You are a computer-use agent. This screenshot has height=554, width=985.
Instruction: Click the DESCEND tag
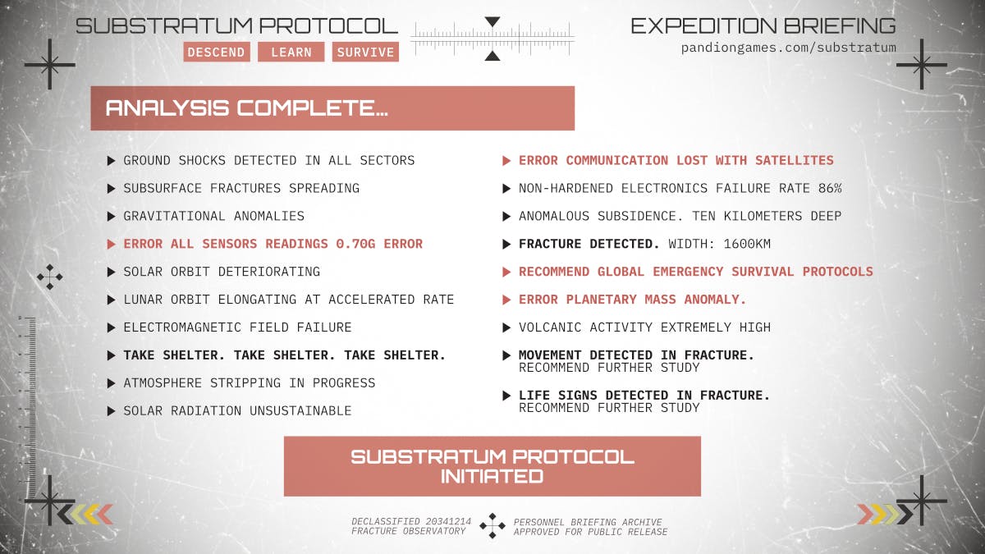tap(217, 52)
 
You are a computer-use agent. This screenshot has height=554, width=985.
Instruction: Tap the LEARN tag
tap(291, 52)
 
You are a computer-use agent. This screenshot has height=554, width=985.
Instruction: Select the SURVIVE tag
tap(365, 52)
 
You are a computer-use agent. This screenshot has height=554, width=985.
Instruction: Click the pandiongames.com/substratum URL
tap(789, 48)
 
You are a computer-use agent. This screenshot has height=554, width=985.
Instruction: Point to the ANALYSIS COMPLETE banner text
tap(247, 108)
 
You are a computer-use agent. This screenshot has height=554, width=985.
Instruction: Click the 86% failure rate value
tap(830, 188)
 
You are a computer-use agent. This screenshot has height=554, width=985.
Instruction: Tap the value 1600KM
tap(747, 244)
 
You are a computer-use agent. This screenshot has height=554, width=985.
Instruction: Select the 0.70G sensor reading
tap(355, 244)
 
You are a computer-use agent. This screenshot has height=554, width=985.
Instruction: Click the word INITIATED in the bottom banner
tap(492, 476)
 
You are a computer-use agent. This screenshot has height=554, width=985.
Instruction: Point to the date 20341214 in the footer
tap(448, 521)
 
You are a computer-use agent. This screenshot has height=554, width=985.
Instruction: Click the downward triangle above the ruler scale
tap(492, 21)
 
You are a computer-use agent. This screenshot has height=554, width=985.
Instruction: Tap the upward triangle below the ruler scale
tap(492, 56)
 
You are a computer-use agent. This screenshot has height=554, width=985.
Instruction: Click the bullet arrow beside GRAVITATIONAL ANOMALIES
tap(112, 217)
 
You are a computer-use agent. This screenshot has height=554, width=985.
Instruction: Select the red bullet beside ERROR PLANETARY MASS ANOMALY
tap(506, 300)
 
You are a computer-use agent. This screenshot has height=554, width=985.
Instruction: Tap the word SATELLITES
tap(795, 160)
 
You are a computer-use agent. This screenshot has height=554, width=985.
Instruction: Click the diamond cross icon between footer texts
tap(492, 525)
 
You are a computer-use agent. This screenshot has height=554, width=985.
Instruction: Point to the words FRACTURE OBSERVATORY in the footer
tap(408, 531)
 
